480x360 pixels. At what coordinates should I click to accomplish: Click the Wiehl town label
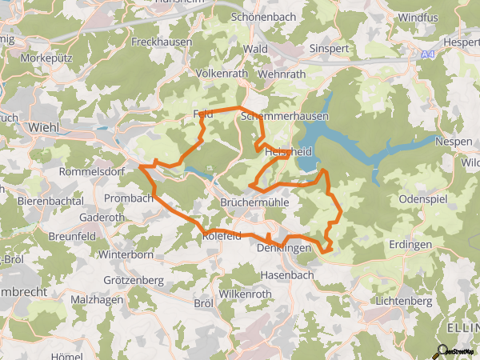[x=44, y=127]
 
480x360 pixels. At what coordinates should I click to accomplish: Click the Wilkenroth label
[x=246, y=294]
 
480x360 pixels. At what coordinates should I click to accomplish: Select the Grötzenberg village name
[x=134, y=280]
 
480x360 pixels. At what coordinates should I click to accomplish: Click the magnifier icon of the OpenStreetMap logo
[x=440, y=350]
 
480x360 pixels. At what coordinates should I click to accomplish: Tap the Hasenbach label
[x=288, y=274]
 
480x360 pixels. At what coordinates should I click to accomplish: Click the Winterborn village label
[x=126, y=255]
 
